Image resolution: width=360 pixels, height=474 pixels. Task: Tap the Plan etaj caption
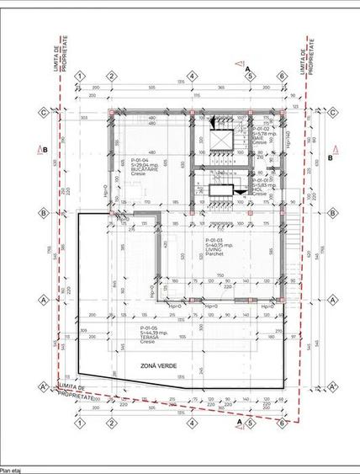(13, 469)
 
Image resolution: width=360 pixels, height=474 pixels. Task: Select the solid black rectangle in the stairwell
(221, 192)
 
